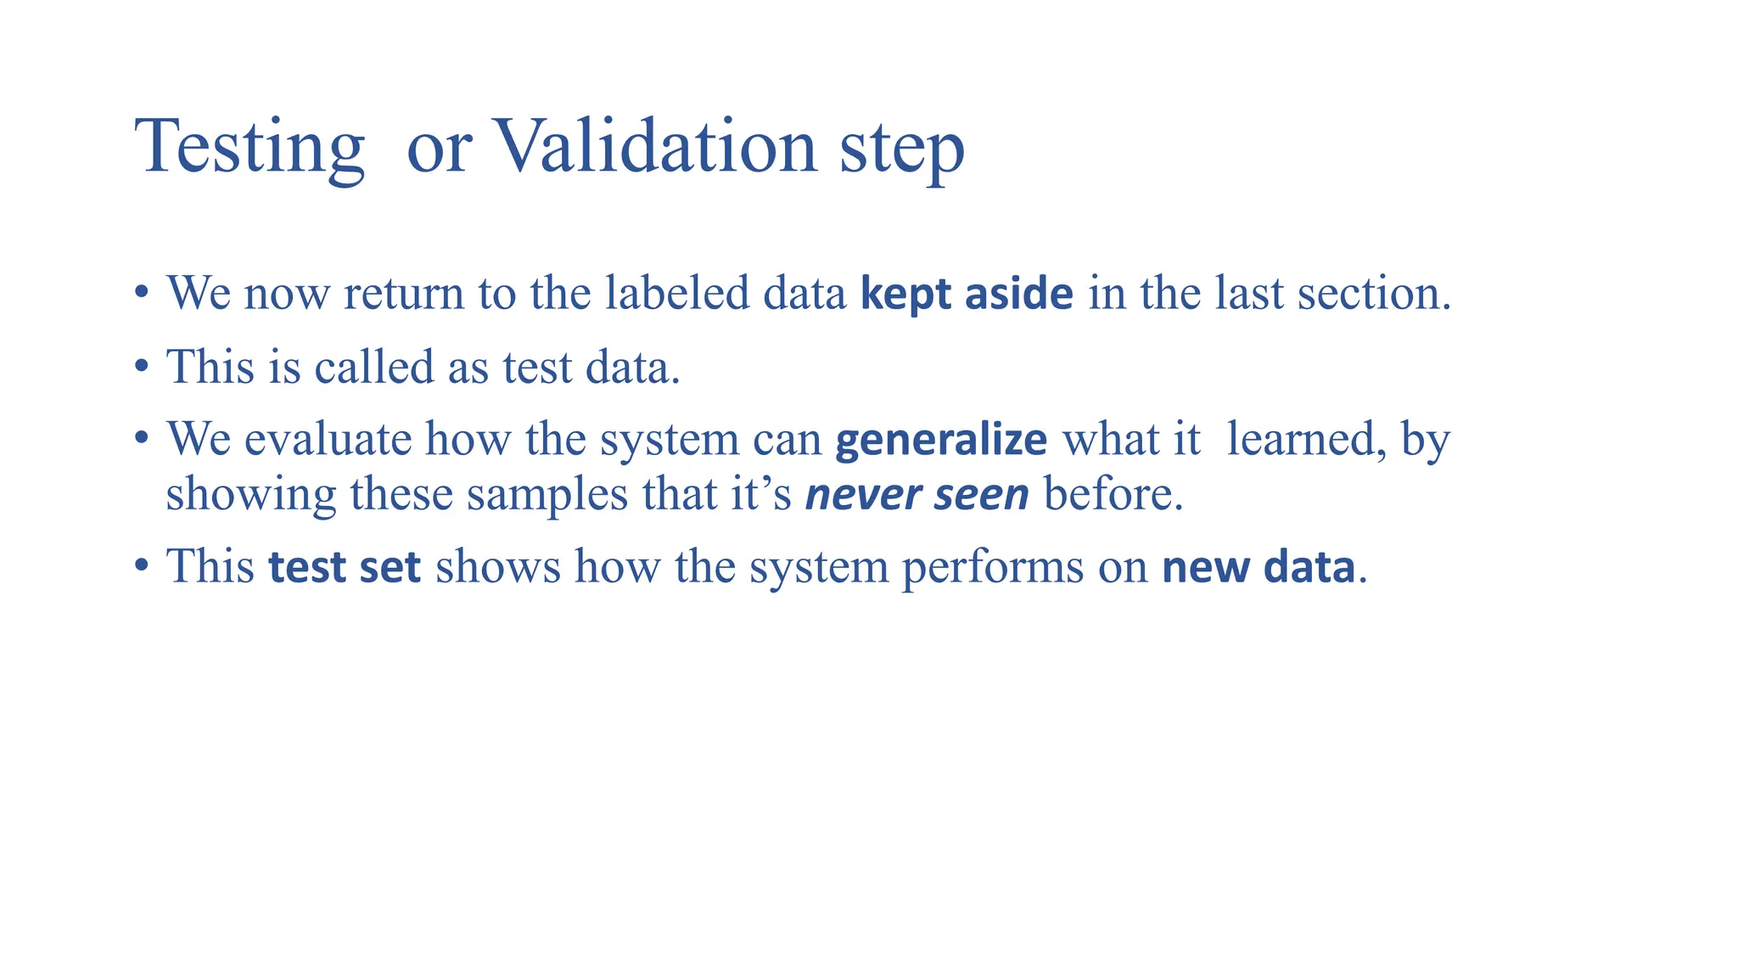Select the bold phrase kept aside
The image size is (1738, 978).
(x=967, y=294)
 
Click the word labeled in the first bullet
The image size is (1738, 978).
(x=677, y=294)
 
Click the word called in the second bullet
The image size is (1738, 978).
(x=374, y=368)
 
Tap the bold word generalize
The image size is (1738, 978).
(x=941, y=441)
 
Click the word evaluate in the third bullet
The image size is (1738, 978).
(x=328, y=441)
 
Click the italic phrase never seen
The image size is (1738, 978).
(x=917, y=494)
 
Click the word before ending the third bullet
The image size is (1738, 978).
(x=1112, y=494)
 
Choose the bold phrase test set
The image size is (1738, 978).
(x=345, y=567)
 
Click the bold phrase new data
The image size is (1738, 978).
(x=1258, y=567)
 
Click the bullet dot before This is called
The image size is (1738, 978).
(x=143, y=368)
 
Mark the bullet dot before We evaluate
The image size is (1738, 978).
(x=143, y=441)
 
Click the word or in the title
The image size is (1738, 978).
(x=438, y=149)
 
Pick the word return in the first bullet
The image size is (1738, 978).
(x=404, y=294)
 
